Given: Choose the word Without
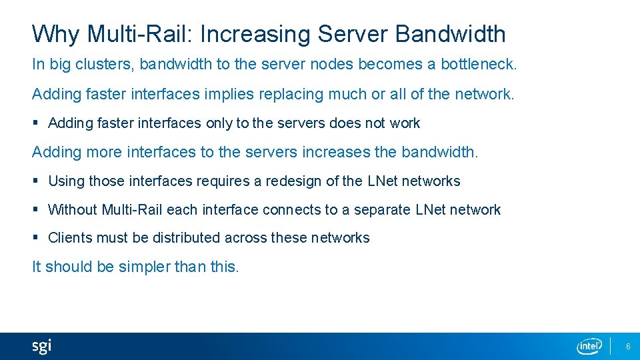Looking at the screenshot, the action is click(73, 209).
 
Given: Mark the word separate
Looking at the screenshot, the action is click(382, 209).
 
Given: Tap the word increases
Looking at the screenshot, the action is click(336, 152).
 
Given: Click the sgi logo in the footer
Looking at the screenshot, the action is click(41, 346).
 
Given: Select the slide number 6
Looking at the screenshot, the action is click(627, 346).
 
